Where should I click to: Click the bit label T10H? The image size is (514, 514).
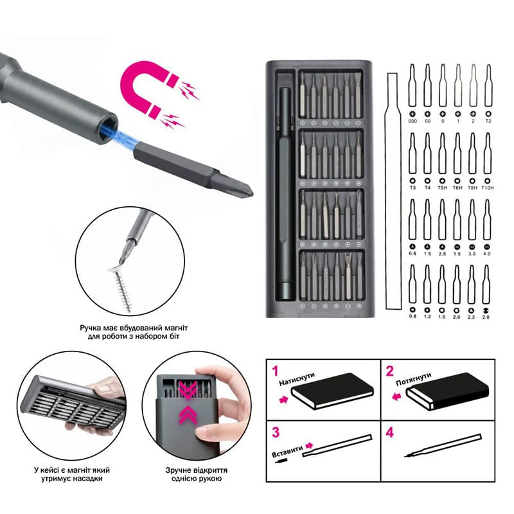coord(487,188)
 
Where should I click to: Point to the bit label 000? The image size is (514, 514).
coord(412,121)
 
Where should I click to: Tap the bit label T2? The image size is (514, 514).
coord(488,121)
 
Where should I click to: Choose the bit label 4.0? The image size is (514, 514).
coord(487,253)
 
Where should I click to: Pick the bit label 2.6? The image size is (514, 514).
coord(486,317)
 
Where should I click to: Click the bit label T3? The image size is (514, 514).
coord(412,188)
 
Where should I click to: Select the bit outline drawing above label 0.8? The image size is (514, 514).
coord(412,284)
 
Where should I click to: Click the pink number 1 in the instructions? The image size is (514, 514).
coord(276,371)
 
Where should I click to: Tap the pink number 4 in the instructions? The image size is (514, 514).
coord(389,432)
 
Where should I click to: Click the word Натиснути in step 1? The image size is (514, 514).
coord(297,378)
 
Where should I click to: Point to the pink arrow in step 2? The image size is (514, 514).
coord(396,396)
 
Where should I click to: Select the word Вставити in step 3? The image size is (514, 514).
coord(287,451)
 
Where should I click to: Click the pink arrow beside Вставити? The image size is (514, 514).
coord(309,446)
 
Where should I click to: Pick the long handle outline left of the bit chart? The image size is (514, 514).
coord(393,191)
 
